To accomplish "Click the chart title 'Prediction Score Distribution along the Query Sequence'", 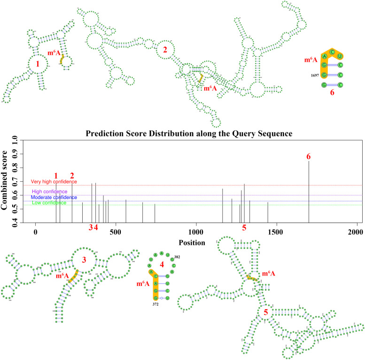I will click(x=189, y=133).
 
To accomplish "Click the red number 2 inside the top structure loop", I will click(x=164, y=50).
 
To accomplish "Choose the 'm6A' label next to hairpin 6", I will click(x=311, y=60).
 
